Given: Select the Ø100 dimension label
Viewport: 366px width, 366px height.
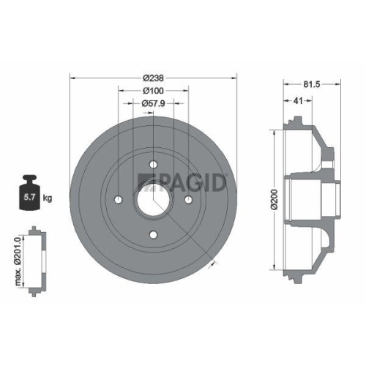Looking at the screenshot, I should (152, 91).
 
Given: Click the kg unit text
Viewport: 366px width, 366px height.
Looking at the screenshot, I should (48, 198).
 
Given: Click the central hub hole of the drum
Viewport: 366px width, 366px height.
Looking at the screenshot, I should (152, 198).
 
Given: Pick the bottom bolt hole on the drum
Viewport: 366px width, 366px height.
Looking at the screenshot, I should (152, 234).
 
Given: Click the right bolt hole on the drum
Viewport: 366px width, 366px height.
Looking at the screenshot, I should (187, 198).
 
